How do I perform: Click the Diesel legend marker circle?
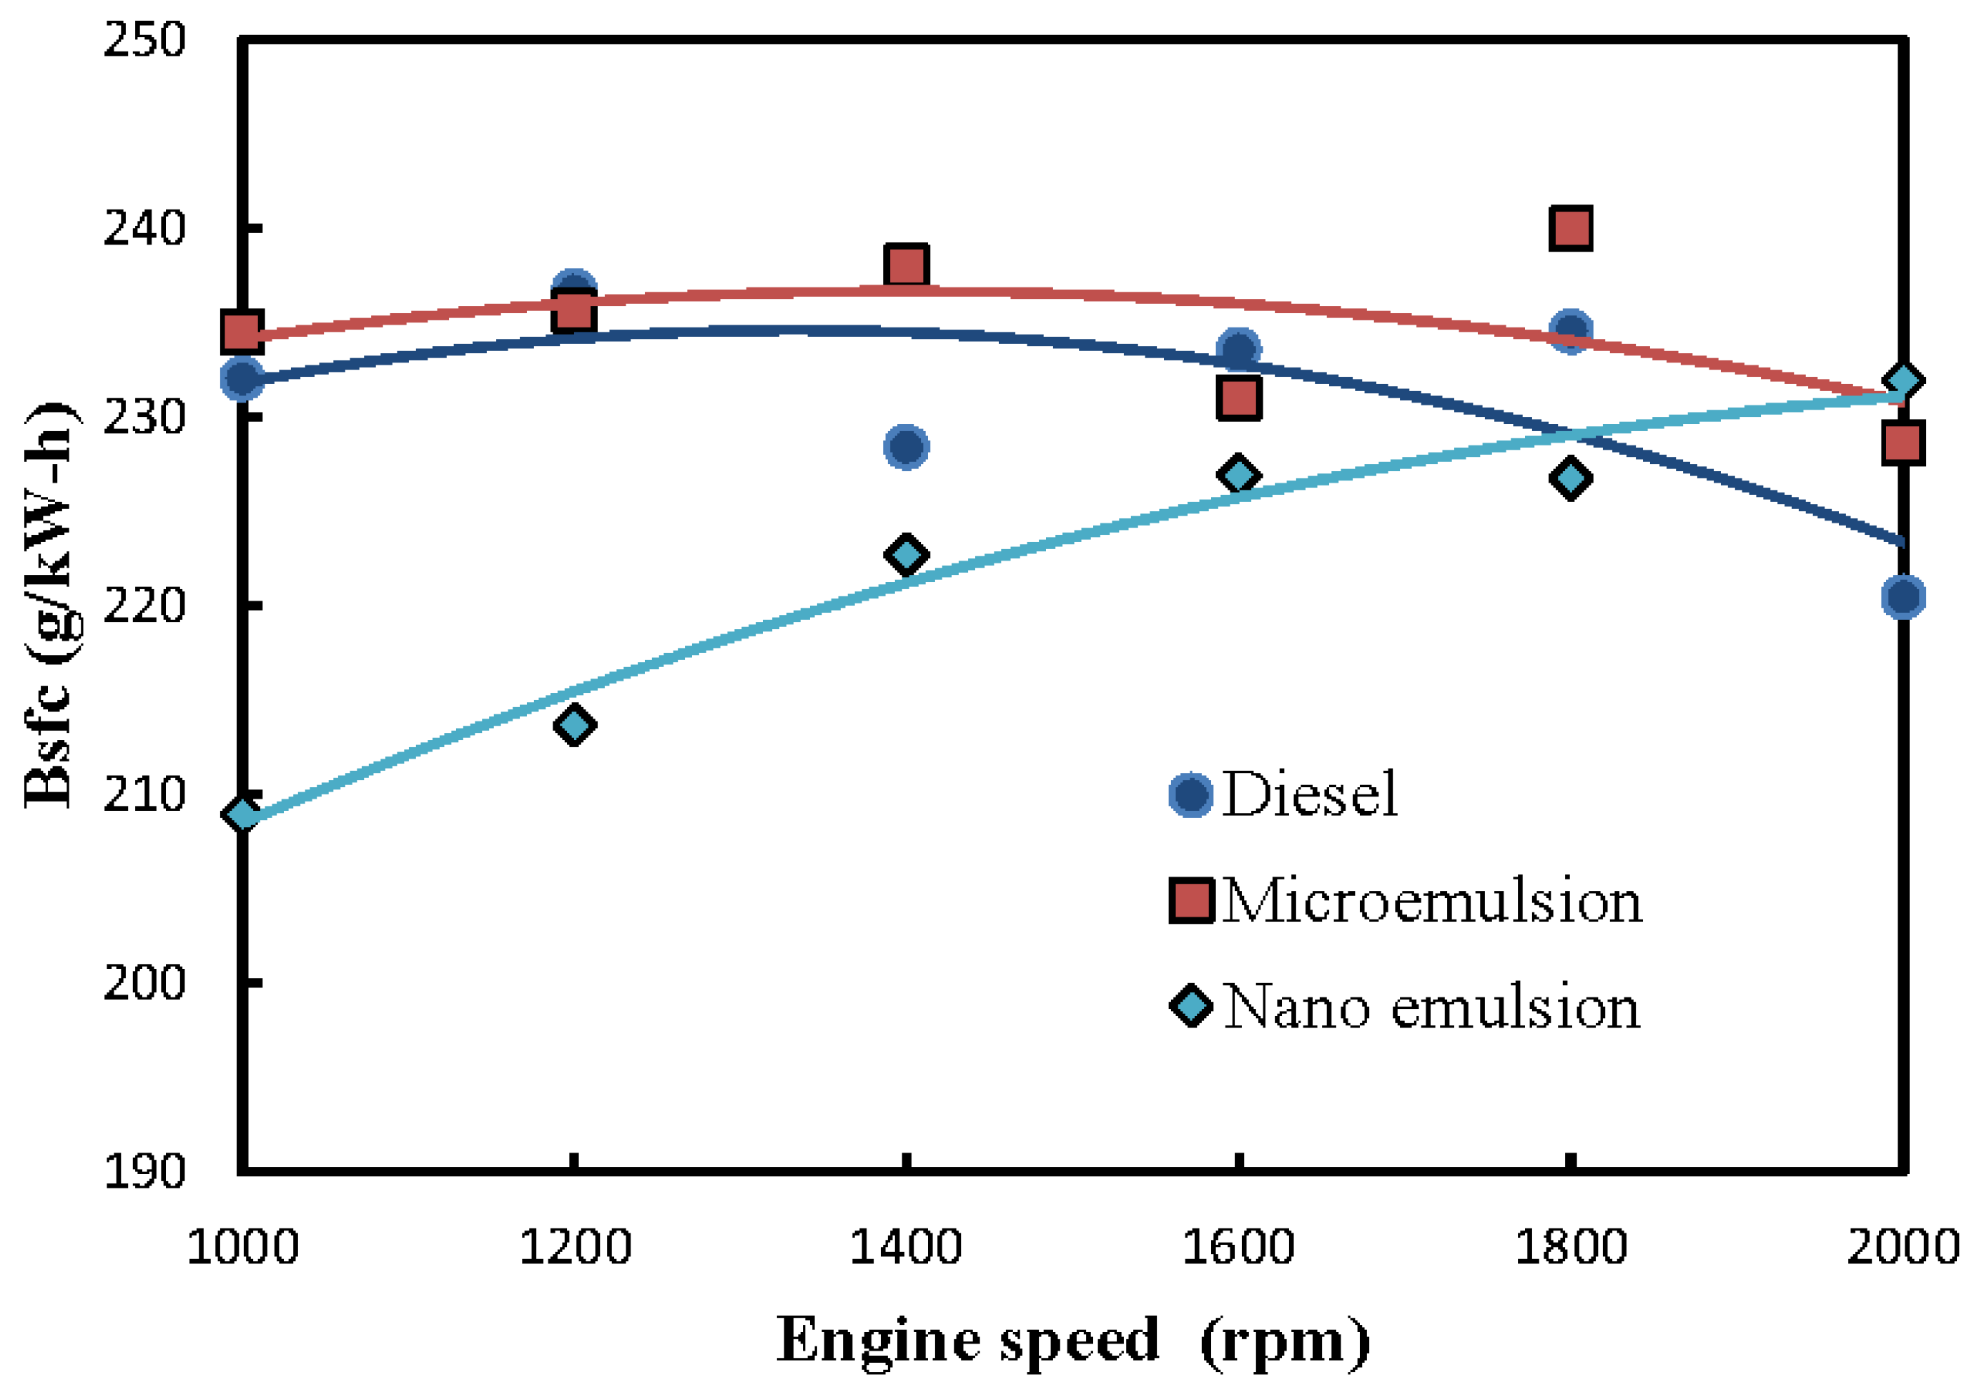point(1190,794)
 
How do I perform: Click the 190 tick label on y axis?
point(144,1171)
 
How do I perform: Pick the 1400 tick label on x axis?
point(905,1247)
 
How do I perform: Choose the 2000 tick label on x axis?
point(1903,1247)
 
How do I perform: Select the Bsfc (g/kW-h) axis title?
point(50,606)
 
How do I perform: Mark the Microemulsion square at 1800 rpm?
point(1570,228)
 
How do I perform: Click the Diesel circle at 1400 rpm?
point(906,446)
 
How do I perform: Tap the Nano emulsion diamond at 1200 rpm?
point(574,725)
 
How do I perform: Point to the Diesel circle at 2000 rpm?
point(1903,597)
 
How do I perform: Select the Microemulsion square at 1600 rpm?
point(1239,398)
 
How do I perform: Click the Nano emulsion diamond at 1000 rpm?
point(242,814)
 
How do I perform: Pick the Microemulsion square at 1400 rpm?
point(906,266)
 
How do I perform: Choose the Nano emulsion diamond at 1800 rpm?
point(1570,478)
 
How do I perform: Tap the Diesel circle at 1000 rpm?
point(242,378)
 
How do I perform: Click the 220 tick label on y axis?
point(144,606)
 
